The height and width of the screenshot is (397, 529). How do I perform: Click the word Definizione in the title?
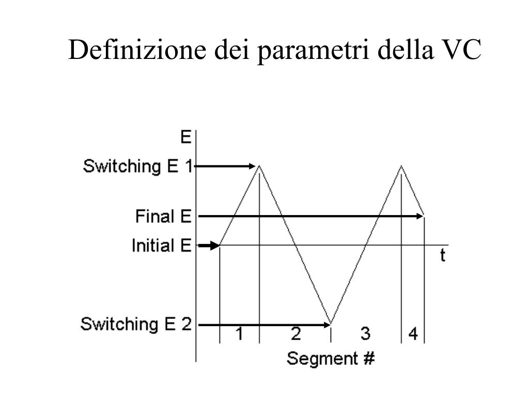pyautogui.click(x=135, y=51)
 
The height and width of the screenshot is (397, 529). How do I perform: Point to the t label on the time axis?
pyautogui.click(x=443, y=255)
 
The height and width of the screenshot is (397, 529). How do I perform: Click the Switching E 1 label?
pyautogui.click(x=137, y=166)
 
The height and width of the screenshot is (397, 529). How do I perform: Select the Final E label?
pyautogui.click(x=163, y=216)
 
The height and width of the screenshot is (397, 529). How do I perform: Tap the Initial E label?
pyautogui.click(x=161, y=245)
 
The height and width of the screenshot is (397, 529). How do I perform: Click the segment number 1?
pyautogui.click(x=240, y=334)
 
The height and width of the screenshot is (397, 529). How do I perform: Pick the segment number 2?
pyautogui.click(x=295, y=334)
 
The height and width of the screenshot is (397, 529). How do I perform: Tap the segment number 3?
pyautogui.click(x=365, y=334)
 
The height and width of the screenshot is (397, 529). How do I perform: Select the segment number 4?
pyautogui.click(x=413, y=334)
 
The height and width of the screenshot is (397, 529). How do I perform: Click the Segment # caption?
pyautogui.click(x=331, y=358)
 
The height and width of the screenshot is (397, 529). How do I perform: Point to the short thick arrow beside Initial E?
pyautogui.click(x=209, y=246)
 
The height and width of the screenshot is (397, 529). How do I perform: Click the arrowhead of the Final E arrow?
pyautogui.click(x=420, y=216)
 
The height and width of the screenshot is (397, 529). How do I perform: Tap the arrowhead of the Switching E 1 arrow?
pyautogui.click(x=254, y=166)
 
